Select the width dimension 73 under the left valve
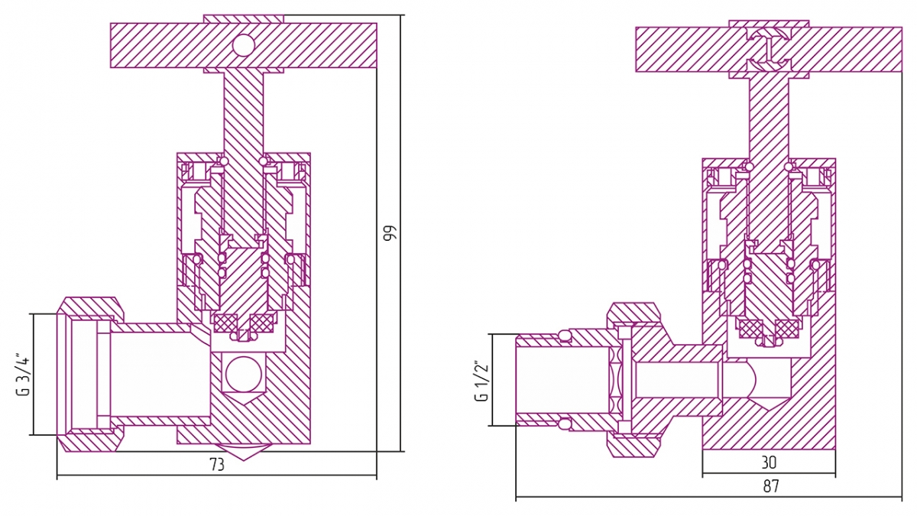217,466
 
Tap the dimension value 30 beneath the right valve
769,463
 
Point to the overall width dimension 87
771,486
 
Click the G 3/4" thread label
24,375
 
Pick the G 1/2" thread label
481,381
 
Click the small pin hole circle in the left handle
243,45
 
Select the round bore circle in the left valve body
243,375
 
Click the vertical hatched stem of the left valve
243,115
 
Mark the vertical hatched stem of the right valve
769,122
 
